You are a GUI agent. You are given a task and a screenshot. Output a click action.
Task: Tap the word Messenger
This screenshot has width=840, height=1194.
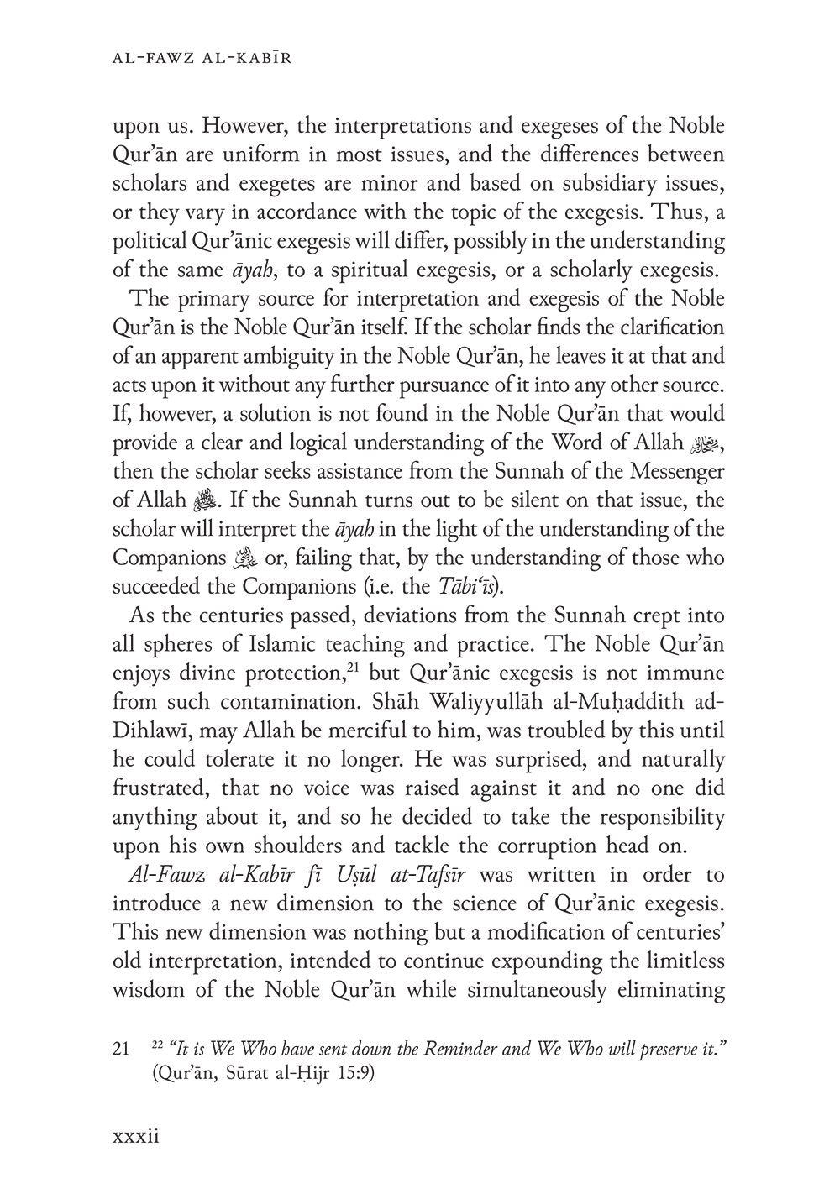(x=665, y=471)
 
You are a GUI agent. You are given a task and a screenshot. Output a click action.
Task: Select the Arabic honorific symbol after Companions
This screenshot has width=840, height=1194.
(x=244, y=558)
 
